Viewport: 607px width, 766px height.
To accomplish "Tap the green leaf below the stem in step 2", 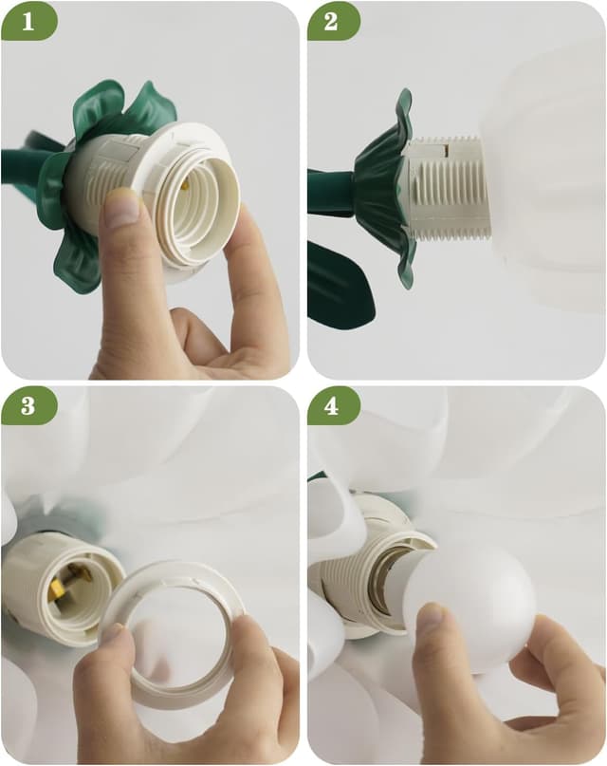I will (x=340, y=285).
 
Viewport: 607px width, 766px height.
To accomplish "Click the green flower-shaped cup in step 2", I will (x=384, y=185).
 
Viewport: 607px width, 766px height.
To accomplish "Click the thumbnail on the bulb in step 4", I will (x=430, y=622).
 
